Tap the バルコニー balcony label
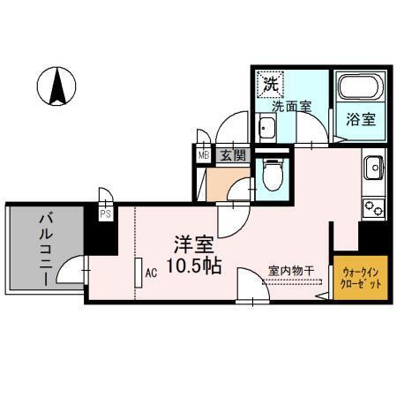[x=43, y=249]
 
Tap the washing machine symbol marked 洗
[x=270, y=86]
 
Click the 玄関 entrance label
[x=232, y=155]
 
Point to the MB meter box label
[x=204, y=155]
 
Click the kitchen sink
[x=372, y=165]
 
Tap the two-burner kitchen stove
[x=372, y=208]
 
